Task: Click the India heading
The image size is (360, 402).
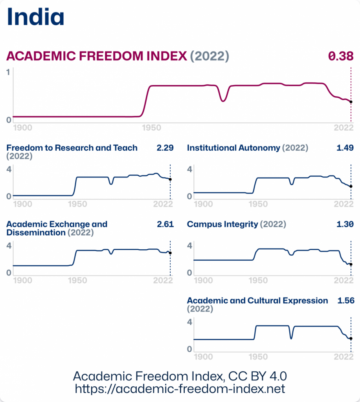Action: (x=36, y=16)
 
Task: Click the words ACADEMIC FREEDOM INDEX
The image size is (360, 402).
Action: (x=97, y=57)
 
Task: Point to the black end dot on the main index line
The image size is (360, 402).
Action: (x=351, y=102)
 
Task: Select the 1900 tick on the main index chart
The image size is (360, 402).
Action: (x=23, y=128)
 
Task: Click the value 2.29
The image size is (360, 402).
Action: (x=165, y=148)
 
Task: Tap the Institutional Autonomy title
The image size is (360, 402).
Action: (x=233, y=148)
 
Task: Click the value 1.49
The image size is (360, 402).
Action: (x=345, y=148)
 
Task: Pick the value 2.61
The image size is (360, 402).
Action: (x=165, y=224)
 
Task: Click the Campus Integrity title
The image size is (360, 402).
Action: (x=222, y=224)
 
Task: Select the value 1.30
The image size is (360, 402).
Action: (x=345, y=224)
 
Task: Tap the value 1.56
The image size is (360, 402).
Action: (x=346, y=300)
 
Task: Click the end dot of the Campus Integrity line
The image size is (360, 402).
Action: (x=351, y=264)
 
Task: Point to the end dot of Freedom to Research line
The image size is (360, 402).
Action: (x=170, y=179)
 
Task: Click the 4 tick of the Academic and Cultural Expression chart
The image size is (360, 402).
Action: (x=189, y=322)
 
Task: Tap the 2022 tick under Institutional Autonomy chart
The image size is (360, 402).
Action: (x=343, y=204)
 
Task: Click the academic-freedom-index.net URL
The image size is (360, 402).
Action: (x=180, y=389)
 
